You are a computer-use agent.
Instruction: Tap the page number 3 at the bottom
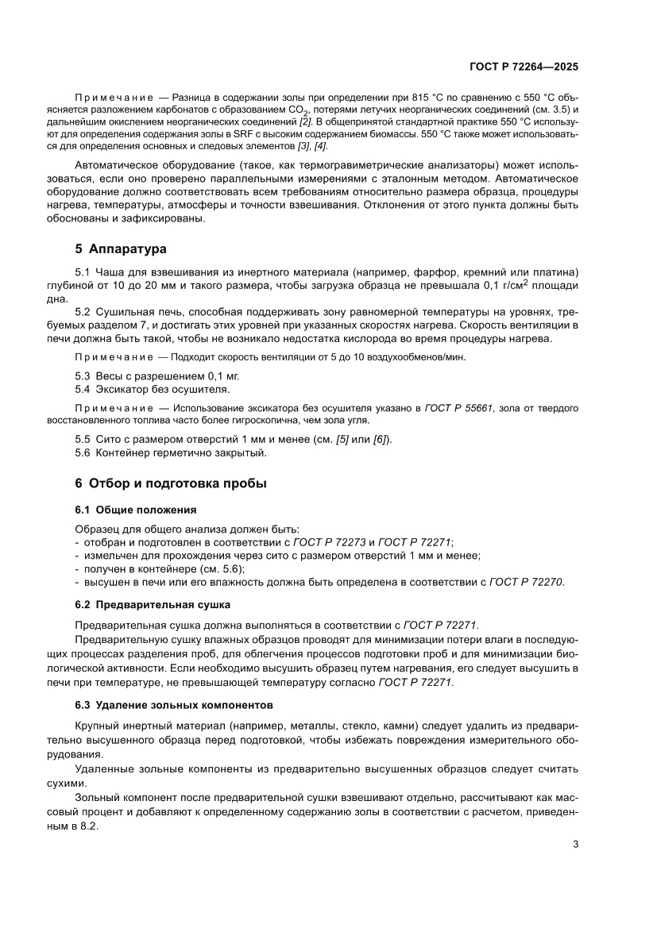pos(575,844)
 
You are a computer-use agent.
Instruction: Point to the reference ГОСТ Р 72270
pos(526,582)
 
